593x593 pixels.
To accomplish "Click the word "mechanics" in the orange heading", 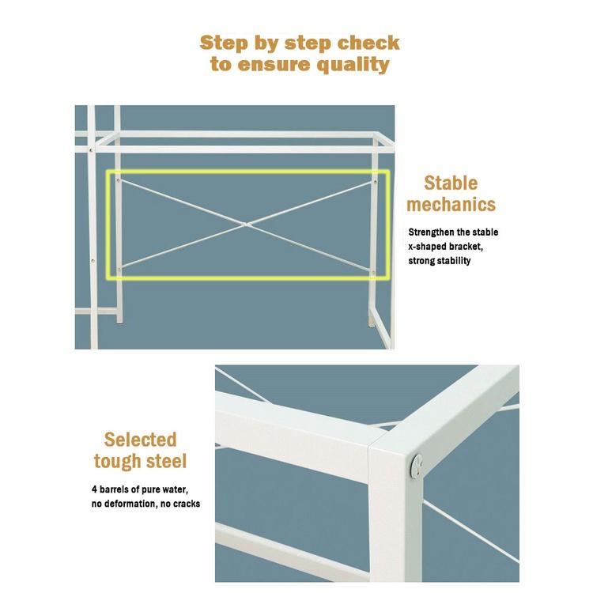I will pyautogui.click(x=451, y=205).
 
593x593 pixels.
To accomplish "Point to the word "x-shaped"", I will pyautogui.click(x=428, y=247).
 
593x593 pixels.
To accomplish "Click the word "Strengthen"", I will pyautogui.click(x=433, y=232).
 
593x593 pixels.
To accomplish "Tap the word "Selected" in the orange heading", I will pyautogui.click(x=140, y=440).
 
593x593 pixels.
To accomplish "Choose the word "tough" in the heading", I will pyautogui.click(x=119, y=461).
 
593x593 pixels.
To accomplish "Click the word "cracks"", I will pyautogui.click(x=184, y=504).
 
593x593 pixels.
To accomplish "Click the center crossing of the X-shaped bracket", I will pyautogui.click(x=247, y=225).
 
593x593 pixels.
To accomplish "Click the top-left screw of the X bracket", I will pyautogui.click(x=119, y=180).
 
